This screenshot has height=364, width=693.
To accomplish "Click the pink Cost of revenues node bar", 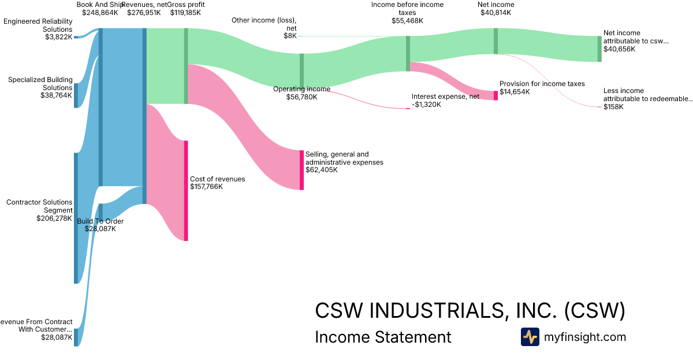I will [x=186, y=190].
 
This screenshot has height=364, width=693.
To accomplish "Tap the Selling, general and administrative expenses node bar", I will [x=301, y=170].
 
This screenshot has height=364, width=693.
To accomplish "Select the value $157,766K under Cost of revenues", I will [x=206, y=187].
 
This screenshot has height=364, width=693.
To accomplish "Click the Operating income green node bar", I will [x=301, y=70].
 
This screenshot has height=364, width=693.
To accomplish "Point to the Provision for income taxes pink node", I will [x=495, y=95].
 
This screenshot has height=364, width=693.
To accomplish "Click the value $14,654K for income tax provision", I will [x=515, y=92].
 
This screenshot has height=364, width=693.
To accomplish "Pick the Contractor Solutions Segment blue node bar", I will [x=76, y=218].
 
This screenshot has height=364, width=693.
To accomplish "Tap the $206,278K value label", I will [x=54, y=218].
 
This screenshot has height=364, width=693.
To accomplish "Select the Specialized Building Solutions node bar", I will [x=76, y=95].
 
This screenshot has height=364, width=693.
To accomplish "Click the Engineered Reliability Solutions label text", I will [x=38, y=25].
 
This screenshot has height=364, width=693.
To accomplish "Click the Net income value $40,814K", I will [x=495, y=13].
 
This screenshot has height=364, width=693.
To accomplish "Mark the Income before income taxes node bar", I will [x=408, y=53].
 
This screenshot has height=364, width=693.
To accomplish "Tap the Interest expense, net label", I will [x=445, y=96].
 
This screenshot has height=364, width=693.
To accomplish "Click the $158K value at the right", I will [x=613, y=107].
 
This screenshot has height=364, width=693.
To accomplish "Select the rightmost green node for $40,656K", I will [x=599, y=49].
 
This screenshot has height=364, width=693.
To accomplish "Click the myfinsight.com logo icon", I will [x=530, y=337].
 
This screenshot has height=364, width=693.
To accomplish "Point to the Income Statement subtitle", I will [x=383, y=337].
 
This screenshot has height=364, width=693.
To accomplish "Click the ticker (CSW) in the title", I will [x=594, y=310].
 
